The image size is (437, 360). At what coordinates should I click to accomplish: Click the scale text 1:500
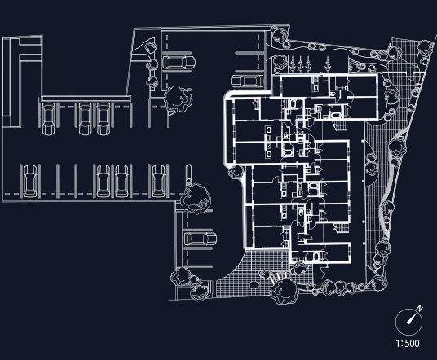[x=408, y=343]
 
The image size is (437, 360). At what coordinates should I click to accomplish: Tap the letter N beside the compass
[x=420, y=308]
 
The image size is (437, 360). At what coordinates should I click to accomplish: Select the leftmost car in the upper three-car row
[x=48, y=119]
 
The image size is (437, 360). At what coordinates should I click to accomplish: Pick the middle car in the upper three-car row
[x=85, y=119]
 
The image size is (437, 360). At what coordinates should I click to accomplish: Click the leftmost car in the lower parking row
[x=30, y=181]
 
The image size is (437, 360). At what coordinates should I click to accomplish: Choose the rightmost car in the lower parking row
[x=158, y=181]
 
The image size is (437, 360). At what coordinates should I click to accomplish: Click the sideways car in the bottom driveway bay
[x=201, y=239]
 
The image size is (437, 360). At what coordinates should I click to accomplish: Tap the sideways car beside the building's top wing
[x=247, y=81]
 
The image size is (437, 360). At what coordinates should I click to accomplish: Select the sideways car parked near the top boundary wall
[x=179, y=63]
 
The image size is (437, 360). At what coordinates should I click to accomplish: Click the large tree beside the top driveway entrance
[x=178, y=99]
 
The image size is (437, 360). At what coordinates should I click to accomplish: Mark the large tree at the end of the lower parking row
[x=196, y=198]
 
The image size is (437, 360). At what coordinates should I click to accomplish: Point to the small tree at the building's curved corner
[x=236, y=172]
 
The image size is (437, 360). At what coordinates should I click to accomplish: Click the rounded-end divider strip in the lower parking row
[x=188, y=176]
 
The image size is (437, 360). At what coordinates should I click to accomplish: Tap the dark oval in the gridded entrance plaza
[x=254, y=285]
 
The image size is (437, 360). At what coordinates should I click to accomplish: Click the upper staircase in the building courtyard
[x=340, y=125]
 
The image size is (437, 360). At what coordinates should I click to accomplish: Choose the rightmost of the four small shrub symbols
[x=328, y=64]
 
